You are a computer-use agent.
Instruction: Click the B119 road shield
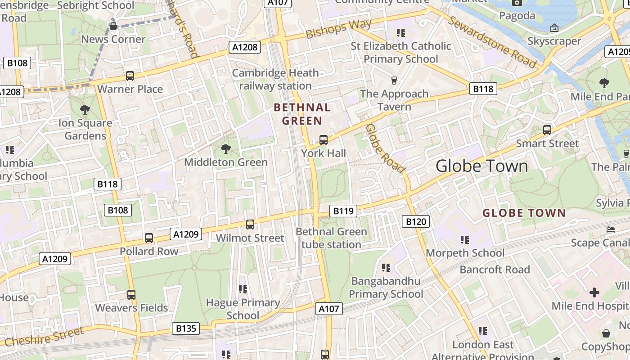(x=343, y=211)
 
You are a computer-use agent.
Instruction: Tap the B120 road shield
(x=415, y=221)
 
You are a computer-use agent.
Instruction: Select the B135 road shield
(x=186, y=328)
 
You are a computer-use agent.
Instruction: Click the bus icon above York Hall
(x=324, y=140)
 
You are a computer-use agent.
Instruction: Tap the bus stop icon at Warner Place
(x=130, y=76)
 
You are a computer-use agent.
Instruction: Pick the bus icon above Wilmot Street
(x=250, y=225)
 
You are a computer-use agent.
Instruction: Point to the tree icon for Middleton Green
(x=226, y=149)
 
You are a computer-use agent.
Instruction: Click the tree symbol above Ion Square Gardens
(x=85, y=109)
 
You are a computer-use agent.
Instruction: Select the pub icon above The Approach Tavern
(x=394, y=81)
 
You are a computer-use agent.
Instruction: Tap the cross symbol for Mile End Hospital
(x=594, y=293)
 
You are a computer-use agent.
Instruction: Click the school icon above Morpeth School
(x=465, y=240)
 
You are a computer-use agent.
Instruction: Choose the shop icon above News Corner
(x=113, y=26)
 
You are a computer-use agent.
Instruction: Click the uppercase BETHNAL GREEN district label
(x=302, y=114)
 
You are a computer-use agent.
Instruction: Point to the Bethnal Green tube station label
(x=331, y=238)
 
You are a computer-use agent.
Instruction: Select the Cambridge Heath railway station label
(x=275, y=79)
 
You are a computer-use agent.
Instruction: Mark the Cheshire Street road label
(x=44, y=337)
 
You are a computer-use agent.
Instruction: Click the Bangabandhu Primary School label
(x=386, y=288)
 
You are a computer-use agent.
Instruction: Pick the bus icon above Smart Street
(x=547, y=130)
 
